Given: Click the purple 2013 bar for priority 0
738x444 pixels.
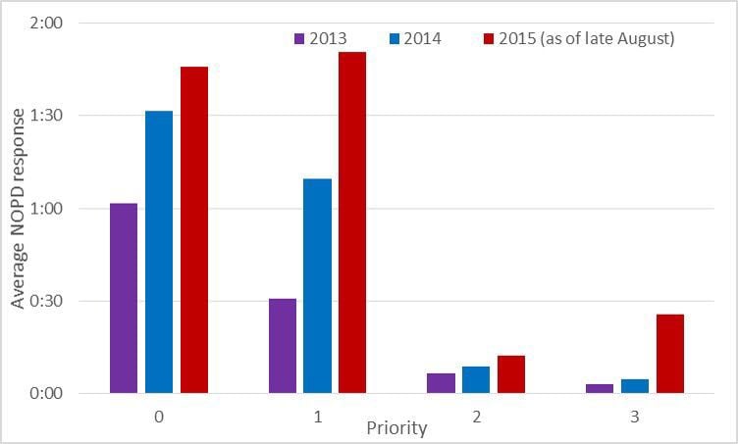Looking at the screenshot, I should [124, 298].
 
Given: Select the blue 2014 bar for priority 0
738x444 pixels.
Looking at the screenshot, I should [159, 252].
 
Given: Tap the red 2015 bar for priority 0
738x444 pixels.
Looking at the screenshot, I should [194, 229].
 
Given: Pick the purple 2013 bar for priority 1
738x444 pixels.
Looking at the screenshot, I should [283, 345].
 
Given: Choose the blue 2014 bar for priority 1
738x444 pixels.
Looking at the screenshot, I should [317, 285].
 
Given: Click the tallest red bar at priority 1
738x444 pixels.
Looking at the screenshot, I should [352, 222].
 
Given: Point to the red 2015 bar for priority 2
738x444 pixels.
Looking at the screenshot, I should [510, 374].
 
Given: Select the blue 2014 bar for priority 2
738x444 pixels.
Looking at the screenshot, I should [476, 379].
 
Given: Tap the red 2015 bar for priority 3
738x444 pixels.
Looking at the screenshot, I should [669, 354].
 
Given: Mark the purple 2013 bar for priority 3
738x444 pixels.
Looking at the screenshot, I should [600, 388].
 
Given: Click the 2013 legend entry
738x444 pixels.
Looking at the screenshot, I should [321, 39].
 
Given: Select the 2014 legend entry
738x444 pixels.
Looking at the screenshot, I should [414, 39].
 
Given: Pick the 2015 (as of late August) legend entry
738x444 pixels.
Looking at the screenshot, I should [583, 39].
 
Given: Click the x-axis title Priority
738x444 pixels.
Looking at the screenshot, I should [396, 428].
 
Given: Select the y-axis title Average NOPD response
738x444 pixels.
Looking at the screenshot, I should [18, 208].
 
